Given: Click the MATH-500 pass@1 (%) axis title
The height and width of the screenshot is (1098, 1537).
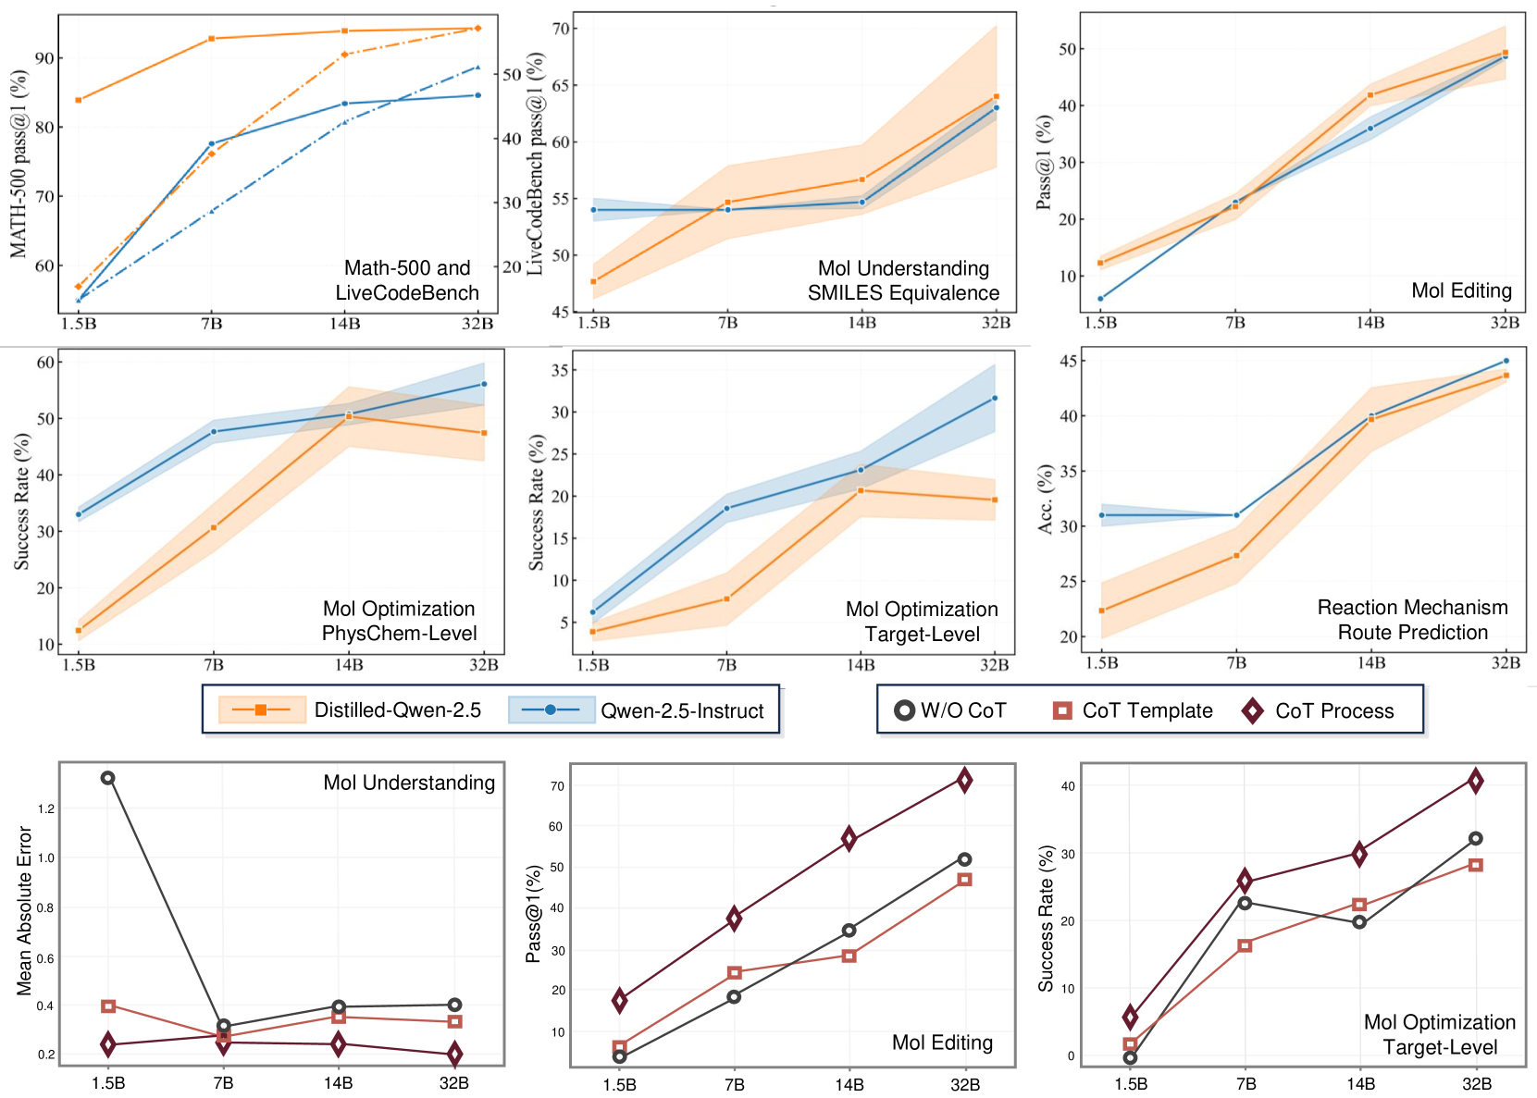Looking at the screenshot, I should coord(19,164).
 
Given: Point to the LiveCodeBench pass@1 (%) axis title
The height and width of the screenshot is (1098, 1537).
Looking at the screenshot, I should coord(536,164).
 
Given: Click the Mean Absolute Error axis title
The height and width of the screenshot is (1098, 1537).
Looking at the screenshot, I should coord(25,911).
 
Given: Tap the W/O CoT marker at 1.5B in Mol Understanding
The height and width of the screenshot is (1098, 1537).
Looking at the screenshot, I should coord(108,778).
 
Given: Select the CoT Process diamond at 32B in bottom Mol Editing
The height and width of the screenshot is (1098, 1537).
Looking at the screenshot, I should coord(964,781).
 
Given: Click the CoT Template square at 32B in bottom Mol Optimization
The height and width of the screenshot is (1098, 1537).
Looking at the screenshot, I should coord(1476,865).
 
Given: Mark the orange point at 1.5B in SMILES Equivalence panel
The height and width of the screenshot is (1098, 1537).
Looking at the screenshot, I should coord(593,281).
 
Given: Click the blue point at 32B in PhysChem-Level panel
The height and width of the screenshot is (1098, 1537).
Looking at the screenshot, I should coord(484,384).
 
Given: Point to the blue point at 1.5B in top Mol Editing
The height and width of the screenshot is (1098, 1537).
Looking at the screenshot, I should coord(1100,299).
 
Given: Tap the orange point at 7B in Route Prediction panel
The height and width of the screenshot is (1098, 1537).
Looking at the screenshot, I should coord(1236,556).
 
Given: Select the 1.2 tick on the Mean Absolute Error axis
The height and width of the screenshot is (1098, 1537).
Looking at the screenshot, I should coord(46,808).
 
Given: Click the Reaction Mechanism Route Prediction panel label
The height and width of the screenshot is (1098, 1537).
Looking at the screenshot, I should coord(1412,620).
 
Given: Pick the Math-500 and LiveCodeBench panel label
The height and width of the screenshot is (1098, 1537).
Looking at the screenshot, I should coord(407,280).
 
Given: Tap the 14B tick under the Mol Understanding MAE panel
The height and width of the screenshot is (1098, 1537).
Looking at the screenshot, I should coord(339,1083).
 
